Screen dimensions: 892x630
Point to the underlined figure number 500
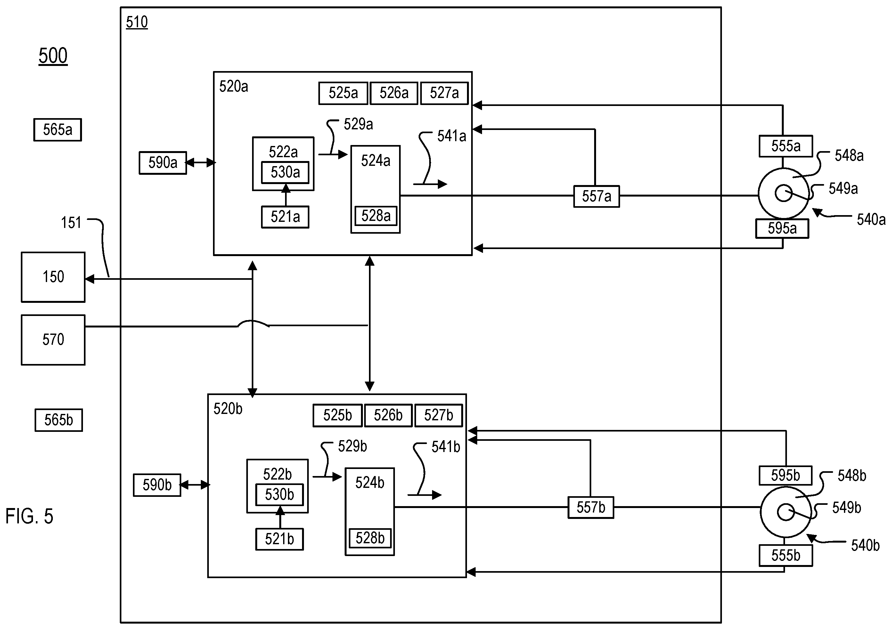pos(53,56)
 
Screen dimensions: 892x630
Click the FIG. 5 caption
pos(29,516)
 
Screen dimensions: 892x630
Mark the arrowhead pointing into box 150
pos(89,279)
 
